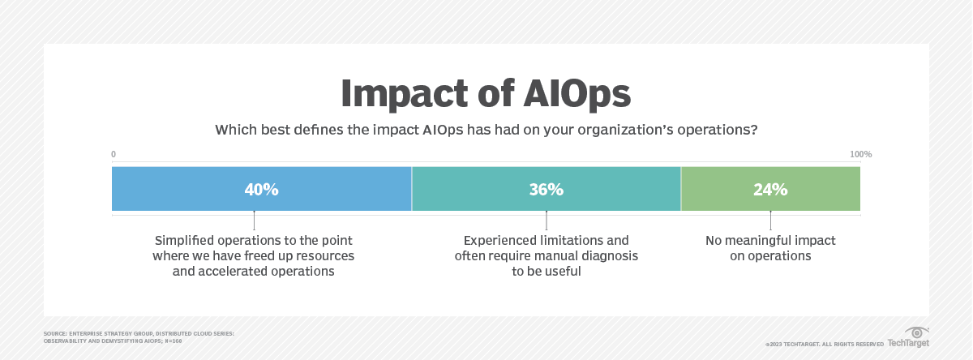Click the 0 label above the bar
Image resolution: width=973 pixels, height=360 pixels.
point(114,154)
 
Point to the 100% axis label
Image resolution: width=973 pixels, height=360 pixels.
point(860,154)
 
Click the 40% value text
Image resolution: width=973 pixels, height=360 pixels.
point(262,190)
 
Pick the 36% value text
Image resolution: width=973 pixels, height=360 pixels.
point(547,190)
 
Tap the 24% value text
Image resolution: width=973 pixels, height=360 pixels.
point(770,190)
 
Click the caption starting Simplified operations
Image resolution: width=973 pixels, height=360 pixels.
point(254,256)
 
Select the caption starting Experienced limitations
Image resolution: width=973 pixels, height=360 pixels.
point(547,256)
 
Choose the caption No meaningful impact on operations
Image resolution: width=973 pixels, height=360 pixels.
point(770,248)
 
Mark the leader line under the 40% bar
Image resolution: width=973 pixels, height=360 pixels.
point(255,221)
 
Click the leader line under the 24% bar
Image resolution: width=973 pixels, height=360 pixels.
point(770,221)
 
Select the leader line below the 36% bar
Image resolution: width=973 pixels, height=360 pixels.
point(547,221)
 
